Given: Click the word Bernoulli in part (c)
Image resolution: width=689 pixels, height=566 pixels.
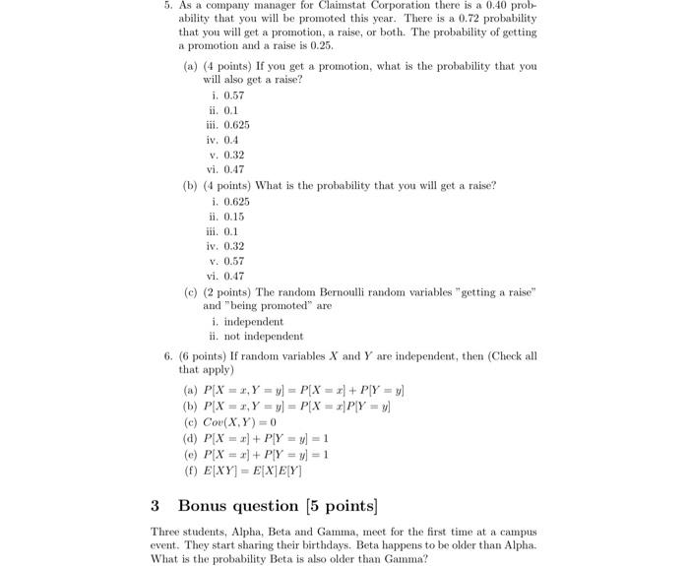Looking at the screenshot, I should (359, 292).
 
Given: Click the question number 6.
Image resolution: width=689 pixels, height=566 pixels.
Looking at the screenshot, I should (168, 355).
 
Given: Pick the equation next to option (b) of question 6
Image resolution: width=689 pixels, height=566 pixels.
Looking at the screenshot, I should (296, 406).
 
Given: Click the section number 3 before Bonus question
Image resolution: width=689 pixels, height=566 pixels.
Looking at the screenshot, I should (156, 506).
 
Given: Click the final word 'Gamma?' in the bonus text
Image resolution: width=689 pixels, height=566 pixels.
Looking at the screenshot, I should (407, 558).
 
